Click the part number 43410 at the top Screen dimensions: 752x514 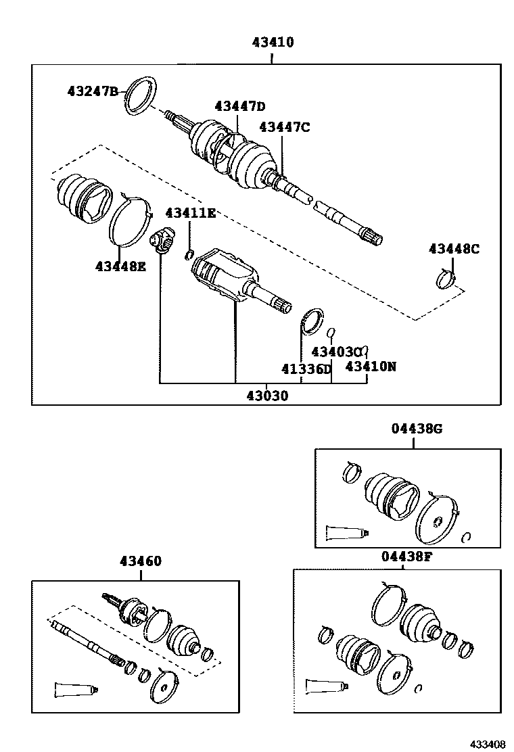(x=273, y=43)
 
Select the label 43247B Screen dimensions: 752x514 (x=93, y=91)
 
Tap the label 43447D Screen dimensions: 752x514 (x=240, y=106)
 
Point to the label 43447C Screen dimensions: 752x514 (x=284, y=126)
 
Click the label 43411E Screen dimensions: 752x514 (x=190, y=214)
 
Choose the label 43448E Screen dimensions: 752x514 (x=120, y=266)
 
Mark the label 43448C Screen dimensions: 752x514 (x=453, y=249)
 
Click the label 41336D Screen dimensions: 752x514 (x=306, y=369)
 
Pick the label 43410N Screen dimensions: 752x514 (x=371, y=367)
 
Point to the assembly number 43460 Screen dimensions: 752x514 (x=141, y=561)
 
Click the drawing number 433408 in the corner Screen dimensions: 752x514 (x=488, y=744)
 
